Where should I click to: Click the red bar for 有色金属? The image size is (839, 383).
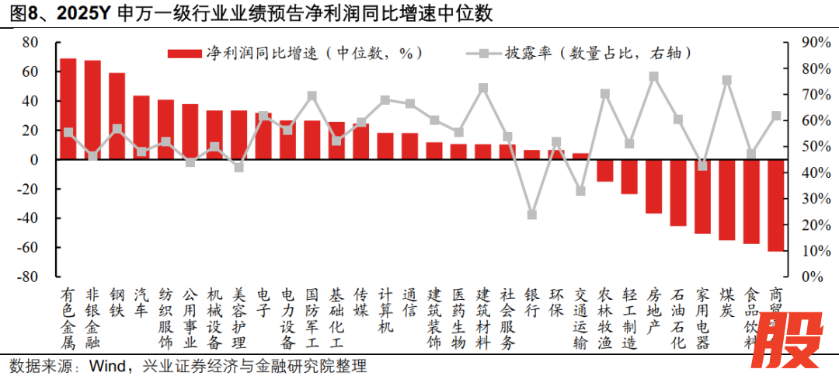tap(68, 109)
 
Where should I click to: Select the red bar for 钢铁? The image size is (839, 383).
tap(117, 116)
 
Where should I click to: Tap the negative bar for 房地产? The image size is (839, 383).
tap(653, 186)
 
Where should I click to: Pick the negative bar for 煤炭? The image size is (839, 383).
tap(727, 200)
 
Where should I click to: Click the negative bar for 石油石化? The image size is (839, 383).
tap(677, 193)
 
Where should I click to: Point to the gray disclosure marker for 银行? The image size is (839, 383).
tap(532, 214)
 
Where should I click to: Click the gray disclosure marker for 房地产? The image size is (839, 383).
tap(653, 77)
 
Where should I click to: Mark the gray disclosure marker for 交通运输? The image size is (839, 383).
tap(580, 191)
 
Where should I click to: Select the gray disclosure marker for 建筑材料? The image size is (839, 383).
tap(482, 88)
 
